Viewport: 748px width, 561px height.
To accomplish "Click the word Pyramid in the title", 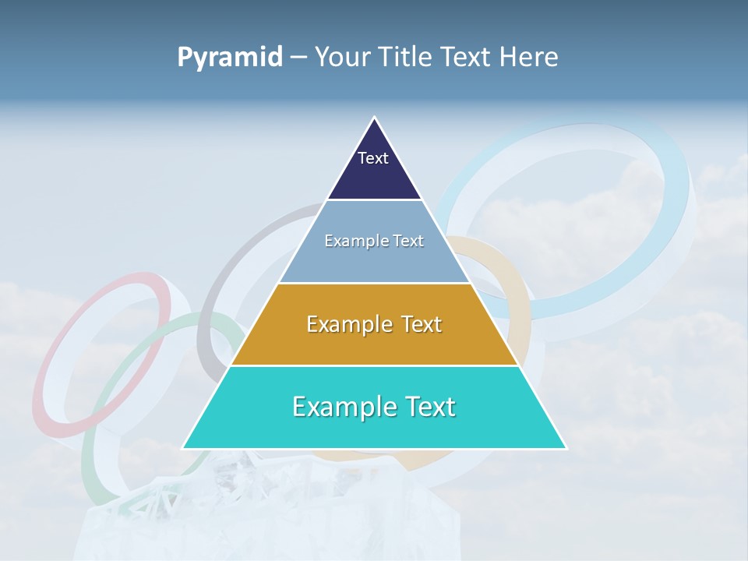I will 230,57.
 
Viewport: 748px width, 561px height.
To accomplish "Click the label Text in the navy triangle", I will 373,158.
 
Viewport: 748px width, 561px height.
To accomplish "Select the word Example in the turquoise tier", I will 336,407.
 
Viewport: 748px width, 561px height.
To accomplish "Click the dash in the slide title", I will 298,58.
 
